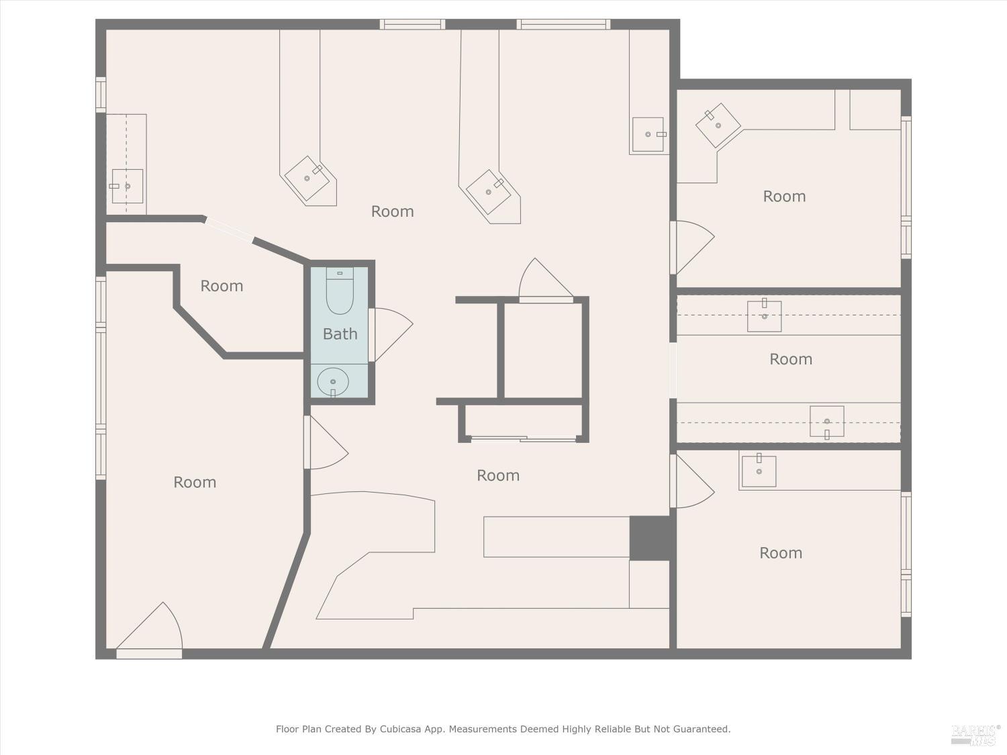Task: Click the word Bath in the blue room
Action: click(x=340, y=334)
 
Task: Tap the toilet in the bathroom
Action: click(x=340, y=292)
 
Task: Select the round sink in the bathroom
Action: click(x=332, y=382)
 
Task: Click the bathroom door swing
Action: click(x=391, y=334)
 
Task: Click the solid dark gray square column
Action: click(x=649, y=538)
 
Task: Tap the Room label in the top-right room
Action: click(x=784, y=197)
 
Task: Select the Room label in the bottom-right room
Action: click(x=780, y=553)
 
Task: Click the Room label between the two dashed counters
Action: click(x=790, y=359)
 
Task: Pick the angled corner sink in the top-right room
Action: click(x=718, y=125)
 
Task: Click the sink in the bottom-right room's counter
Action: click(x=759, y=471)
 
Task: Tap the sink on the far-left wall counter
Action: click(x=127, y=186)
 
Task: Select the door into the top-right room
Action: click(x=691, y=247)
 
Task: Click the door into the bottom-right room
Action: click(x=691, y=481)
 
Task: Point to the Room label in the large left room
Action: click(x=195, y=483)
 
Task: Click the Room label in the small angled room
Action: click(x=222, y=286)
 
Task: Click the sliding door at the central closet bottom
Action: click(x=524, y=440)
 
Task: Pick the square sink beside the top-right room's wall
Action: click(x=648, y=134)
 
